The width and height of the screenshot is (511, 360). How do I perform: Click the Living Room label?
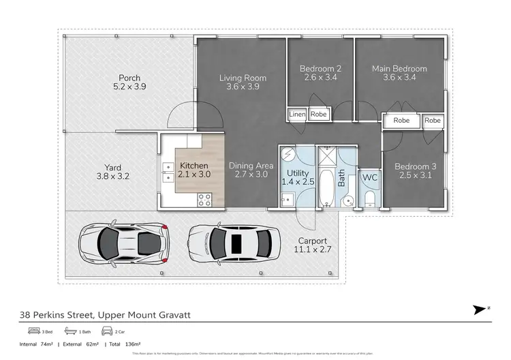[x=243, y=78]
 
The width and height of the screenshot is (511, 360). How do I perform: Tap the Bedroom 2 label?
[x=320, y=69]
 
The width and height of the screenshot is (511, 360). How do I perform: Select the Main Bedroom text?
[x=399, y=69]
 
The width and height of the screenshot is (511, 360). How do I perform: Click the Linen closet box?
[x=297, y=115]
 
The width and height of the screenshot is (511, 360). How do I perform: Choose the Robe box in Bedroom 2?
[x=319, y=115]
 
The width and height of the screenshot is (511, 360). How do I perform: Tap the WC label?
[x=369, y=177]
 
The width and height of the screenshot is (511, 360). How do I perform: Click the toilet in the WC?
[x=369, y=198]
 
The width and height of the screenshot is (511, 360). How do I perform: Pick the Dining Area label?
[x=251, y=166]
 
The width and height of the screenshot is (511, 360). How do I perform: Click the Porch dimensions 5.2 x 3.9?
[x=129, y=87]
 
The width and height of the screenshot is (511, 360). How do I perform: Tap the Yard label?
[x=112, y=167]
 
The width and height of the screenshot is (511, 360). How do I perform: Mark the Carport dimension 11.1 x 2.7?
[x=312, y=250]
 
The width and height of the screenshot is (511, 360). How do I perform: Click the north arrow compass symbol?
[x=479, y=310]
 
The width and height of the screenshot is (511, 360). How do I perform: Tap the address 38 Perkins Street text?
[x=57, y=314]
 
